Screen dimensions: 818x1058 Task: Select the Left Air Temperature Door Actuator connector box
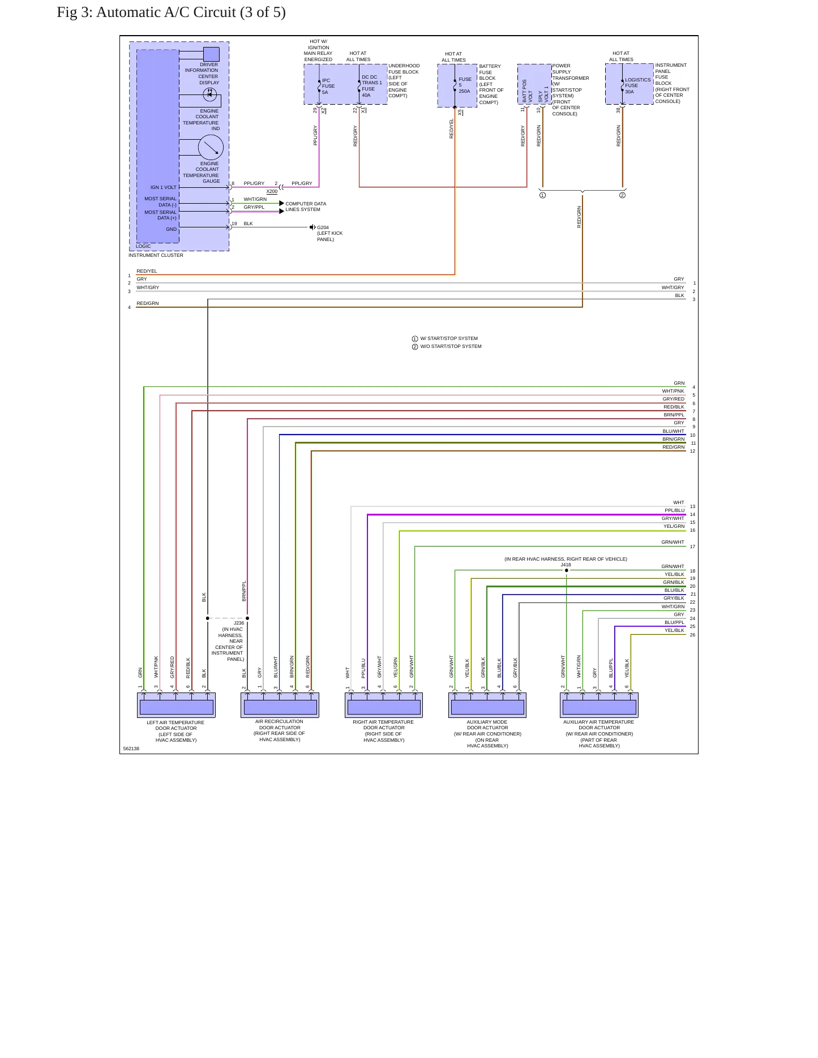coord(177,705)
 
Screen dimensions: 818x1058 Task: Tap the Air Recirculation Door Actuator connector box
coord(280,705)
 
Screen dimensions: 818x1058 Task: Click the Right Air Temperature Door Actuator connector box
coord(384,705)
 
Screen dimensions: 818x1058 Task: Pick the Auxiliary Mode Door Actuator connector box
coord(487,705)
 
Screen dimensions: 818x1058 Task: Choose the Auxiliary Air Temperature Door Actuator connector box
coord(599,705)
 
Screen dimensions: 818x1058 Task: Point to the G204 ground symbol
coord(312,227)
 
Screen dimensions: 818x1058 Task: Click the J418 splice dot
coord(566,570)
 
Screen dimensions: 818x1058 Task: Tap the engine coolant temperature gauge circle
coord(211,148)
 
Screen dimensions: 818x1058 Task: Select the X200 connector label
coord(272,191)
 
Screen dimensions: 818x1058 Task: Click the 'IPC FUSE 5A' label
coord(328,87)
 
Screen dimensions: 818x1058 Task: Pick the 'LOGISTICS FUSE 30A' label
coord(637,85)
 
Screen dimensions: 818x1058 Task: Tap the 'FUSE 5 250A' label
coord(465,85)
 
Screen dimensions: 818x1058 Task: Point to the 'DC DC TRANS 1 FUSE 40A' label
coord(372,86)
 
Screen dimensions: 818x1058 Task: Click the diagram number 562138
coord(131,749)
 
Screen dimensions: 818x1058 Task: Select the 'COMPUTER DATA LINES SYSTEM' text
coord(306,207)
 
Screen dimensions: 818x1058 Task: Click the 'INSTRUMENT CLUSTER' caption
coord(156,255)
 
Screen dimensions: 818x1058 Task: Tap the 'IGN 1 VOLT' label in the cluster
coord(164,187)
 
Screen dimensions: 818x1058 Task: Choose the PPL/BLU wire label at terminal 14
coord(674,510)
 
